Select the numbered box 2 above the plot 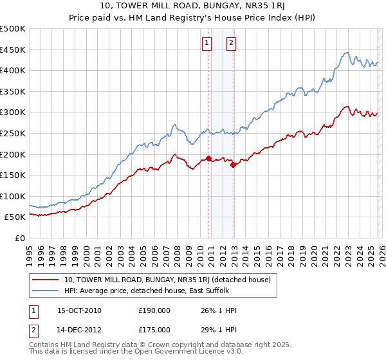point(231,44)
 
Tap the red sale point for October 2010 point(208,158)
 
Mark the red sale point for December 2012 point(233,165)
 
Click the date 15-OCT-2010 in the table point(79,310)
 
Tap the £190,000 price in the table point(154,310)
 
